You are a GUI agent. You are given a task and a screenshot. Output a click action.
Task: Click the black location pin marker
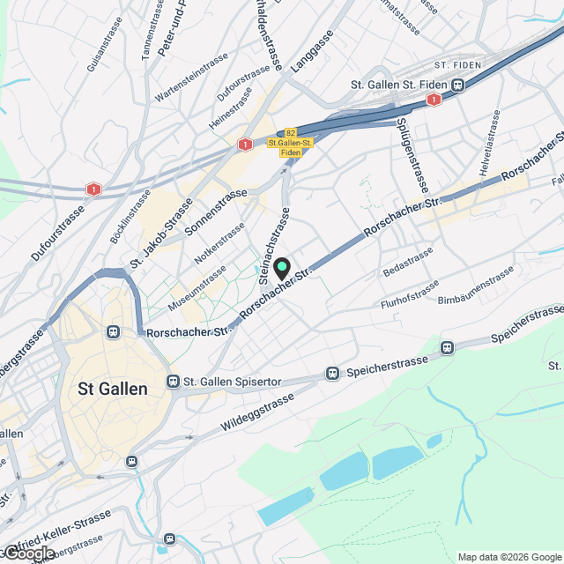(x=281, y=268)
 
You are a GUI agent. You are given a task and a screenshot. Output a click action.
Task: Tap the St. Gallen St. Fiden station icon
(x=458, y=85)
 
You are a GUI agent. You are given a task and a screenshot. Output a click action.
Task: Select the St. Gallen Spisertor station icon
(x=172, y=382)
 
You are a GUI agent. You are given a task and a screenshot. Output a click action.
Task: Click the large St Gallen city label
(x=113, y=389)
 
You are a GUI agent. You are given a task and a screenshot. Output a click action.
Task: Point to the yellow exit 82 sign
(x=290, y=132)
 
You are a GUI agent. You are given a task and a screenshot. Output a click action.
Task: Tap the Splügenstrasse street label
(x=412, y=155)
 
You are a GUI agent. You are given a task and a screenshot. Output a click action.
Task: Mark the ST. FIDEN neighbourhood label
(x=455, y=65)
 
